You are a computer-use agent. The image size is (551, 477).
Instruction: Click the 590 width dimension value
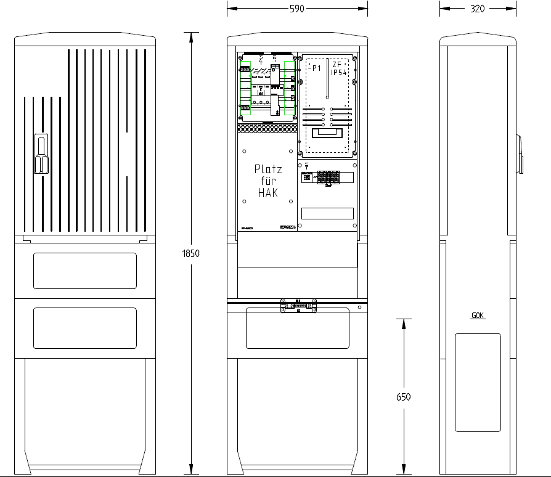tap(297, 9)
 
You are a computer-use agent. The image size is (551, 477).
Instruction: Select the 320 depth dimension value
tap(477, 9)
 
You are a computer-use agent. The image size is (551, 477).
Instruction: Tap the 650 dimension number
tap(403, 397)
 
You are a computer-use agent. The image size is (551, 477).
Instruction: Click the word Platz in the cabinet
tap(267, 169)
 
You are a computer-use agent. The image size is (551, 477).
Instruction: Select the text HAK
tap(267, 193)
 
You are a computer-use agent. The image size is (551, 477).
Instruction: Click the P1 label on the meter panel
tap(316, 68)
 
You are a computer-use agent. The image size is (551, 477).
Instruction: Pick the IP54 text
tap(340, 73)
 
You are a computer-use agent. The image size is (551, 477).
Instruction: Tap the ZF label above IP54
tap(337, 64)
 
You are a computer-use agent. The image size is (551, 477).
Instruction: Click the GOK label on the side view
tap(478, 316)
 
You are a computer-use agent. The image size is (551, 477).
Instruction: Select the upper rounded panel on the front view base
tap(85, 271)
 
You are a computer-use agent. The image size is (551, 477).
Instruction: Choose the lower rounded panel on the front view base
tap(85, 327)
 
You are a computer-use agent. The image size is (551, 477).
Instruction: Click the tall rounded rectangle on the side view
tap(478, 382)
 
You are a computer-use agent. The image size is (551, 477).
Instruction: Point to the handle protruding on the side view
tap(520, 153)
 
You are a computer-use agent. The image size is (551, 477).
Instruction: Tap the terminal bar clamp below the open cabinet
tap(298, 305)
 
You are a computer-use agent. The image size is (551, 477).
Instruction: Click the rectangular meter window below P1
tap(327, 132)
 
